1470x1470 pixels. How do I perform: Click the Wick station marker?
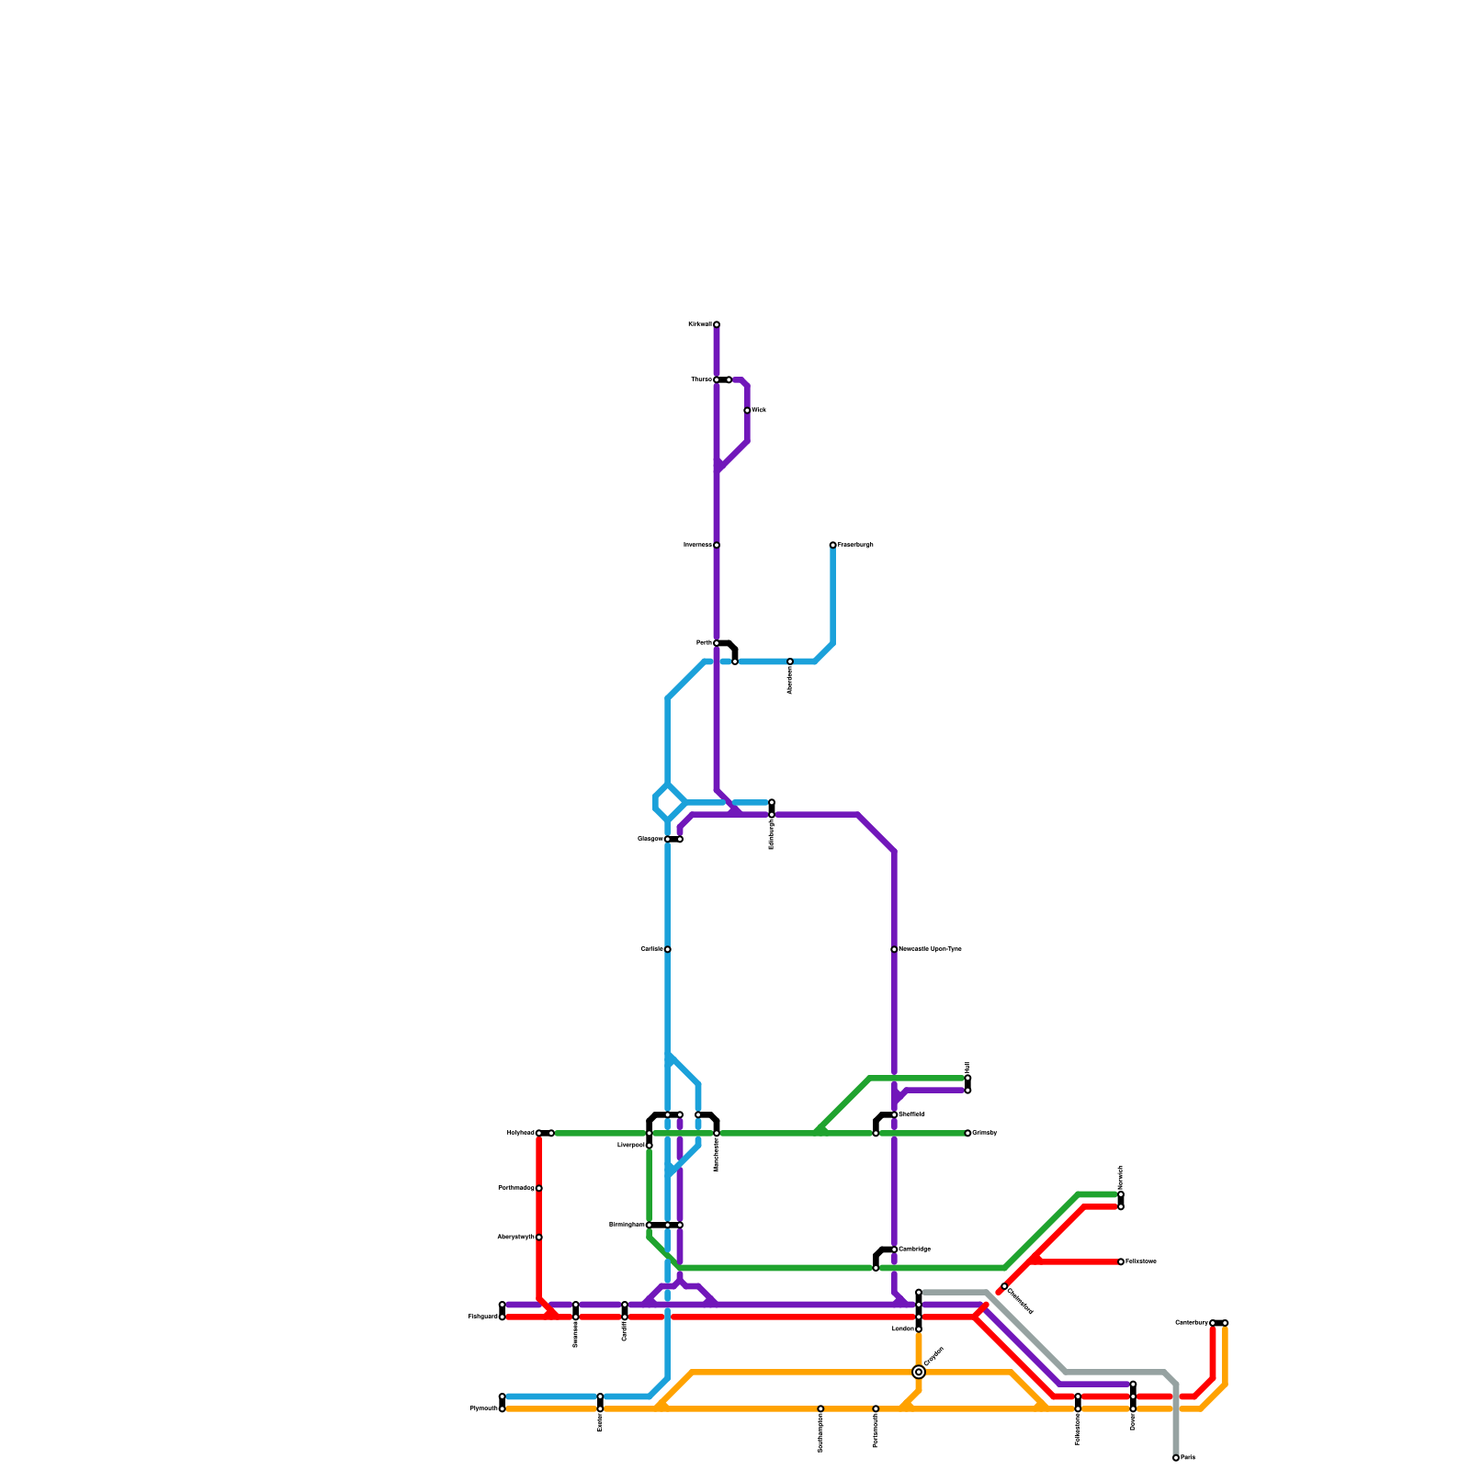tap(747, 411)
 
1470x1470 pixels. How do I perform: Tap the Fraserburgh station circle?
tap(832, 546)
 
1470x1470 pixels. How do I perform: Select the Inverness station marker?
tap(717, 546)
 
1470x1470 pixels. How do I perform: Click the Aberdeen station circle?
tap(790, 661)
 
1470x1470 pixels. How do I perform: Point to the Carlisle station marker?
tap(668, 949)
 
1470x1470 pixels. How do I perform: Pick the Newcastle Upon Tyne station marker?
tap(894, 949)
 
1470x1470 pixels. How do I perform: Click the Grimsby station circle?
tap(967, 1133)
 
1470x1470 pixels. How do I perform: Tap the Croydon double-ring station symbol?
tap(919, 1372)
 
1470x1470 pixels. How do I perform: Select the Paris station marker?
tap(1176, 1458)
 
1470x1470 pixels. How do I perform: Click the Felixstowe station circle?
tap(1121, 1261)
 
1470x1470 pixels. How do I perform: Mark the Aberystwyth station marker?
tap(539, 1238)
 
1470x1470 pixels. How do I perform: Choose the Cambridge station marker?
tap(894, 1249)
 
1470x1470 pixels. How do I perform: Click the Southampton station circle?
tap(820, 1408)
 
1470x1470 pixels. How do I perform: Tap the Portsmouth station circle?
tap(876, 1408)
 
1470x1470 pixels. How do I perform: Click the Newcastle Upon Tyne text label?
tap(931, 949)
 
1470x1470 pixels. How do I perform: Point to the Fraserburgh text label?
tap(855, 546)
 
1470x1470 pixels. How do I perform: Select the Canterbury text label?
tap(1192, 1323)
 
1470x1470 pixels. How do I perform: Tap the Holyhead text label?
tap(520, 1133)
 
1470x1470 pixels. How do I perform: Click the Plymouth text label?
tap(483, 1408)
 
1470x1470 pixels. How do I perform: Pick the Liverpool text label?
tap(631, 1146)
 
